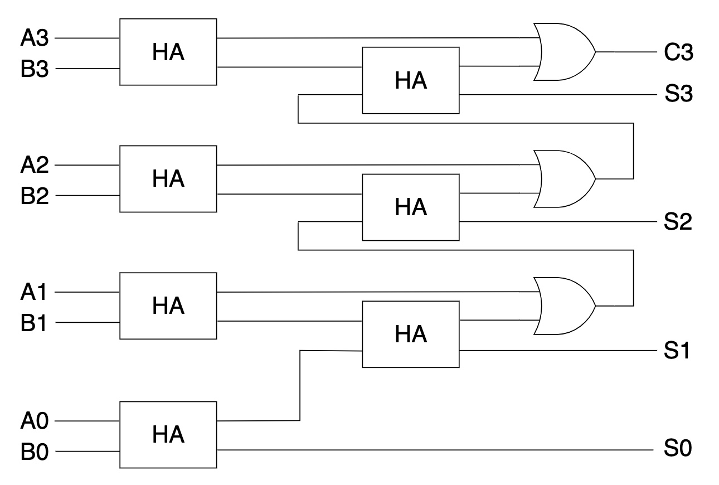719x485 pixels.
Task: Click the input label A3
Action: [x=35, y=38]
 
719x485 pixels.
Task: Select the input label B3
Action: [x=35, y=70]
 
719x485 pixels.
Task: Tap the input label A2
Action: [x=35, y=166]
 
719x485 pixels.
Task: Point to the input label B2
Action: [x=35, y=197]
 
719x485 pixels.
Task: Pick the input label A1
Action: [x=35, y=292]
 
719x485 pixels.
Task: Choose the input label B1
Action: [x=35, y=323]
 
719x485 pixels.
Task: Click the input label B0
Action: [x=35, y=452]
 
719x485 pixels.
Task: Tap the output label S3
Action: [x=678, y=95]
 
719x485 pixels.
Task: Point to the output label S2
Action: [x=678, y=222]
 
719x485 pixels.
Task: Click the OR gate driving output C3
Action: [x=563, y=52]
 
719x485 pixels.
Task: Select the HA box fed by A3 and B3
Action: [x=168, y=52]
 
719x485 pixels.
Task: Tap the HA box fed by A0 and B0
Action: [x=168, y=434]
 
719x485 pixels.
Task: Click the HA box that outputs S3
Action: [x=411, y=80]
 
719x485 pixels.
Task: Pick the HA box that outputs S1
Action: [x=411, y=334]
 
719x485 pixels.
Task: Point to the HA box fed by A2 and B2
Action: [x=168, y=179]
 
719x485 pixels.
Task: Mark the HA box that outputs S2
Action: [x=411, y=207]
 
